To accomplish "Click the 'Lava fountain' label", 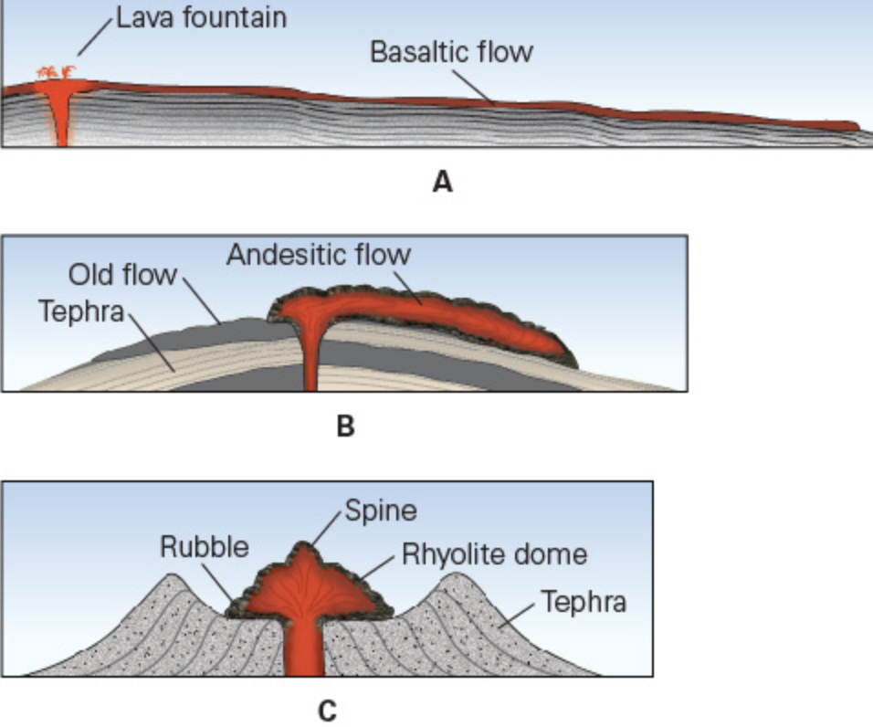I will [201, 17].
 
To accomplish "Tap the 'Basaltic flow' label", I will [450, 51].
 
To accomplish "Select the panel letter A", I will [442, 183].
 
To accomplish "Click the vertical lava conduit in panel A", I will [61, 123].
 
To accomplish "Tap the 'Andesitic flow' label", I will [319, 255].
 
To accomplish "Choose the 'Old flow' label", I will [122, 275].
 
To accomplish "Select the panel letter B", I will [344, 426].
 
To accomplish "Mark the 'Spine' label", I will [380, 510].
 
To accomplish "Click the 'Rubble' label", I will [204, 547].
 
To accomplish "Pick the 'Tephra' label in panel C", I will [583, 602].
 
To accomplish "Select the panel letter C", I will [326, 710].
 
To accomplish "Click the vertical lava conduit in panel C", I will [303, 648].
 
